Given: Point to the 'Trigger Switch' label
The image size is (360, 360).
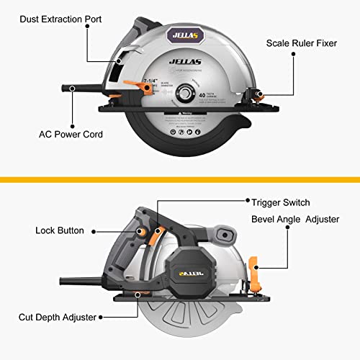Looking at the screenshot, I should (280, 202).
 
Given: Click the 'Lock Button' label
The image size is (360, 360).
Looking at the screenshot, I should (60, 231).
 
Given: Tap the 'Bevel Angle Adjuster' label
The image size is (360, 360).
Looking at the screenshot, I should (295, 218).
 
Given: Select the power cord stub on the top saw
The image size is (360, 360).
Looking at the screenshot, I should (83, 89).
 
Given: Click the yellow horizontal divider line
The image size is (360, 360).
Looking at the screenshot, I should (180, 179).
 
